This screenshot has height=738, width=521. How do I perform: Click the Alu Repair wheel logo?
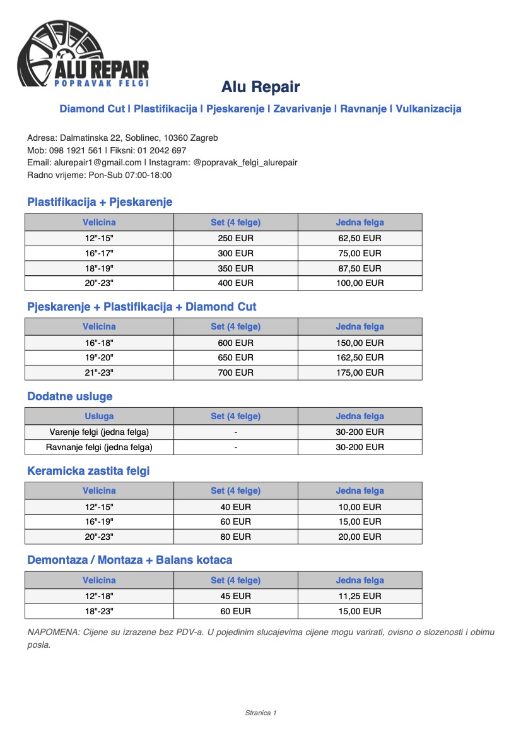(84, 54)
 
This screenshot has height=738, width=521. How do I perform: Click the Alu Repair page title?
(260, 87)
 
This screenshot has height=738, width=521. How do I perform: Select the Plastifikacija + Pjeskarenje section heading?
(100, 202)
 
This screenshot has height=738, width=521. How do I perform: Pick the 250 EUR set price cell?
(235, 238)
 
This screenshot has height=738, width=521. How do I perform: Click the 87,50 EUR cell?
(360, 268)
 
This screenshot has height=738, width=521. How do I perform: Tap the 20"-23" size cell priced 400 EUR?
(99, 283)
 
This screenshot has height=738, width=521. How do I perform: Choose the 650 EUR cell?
(235, 357)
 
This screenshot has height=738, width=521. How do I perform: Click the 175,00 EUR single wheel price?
(360, 372)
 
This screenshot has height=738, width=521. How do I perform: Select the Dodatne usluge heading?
(69, 396)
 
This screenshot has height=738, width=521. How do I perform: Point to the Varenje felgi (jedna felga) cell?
(99, 432)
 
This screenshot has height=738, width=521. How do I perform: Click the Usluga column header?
(99, 416)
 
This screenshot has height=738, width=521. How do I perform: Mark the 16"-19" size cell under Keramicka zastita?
(99, 521)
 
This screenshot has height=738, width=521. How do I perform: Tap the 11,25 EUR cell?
(360, 596)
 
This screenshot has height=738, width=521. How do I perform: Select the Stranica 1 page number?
(260, 713)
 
